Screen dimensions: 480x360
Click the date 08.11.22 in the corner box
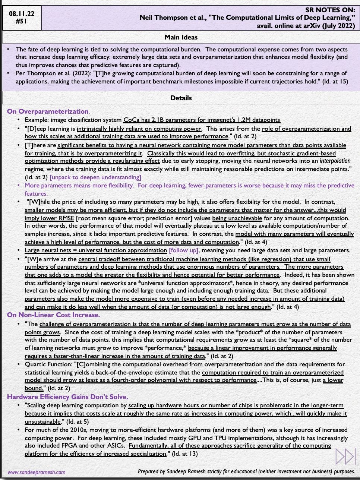coord(22,13)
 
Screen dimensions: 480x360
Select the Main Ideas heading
coord(181,37)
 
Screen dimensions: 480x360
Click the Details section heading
coord(181,98)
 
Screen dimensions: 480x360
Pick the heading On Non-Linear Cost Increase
coord(53,315)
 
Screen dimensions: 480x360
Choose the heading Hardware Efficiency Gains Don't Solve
coord(67,397)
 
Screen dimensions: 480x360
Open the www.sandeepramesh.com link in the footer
coord(36,472)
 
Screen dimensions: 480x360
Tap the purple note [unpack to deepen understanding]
coord(95,177)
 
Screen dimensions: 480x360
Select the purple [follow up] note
coord(183,250)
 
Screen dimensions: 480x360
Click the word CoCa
coord(132,120)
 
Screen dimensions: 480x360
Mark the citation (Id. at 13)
coord(183,454)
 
